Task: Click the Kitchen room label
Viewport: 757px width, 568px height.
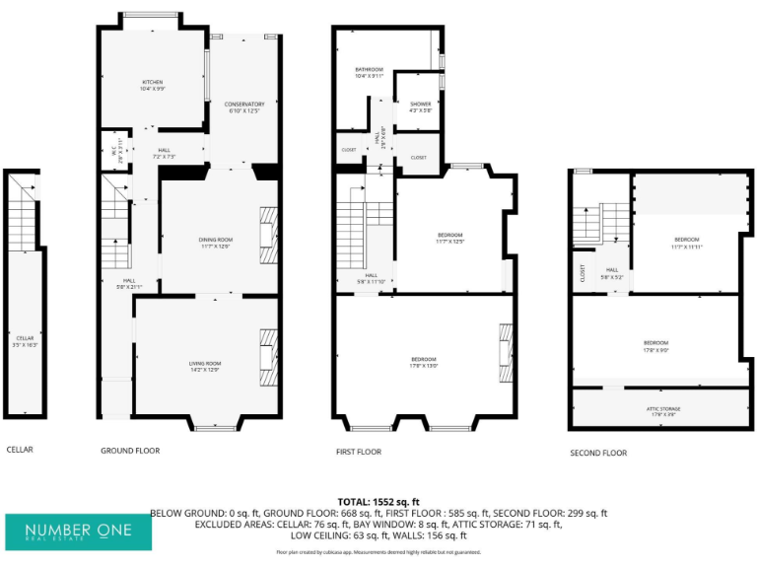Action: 152,85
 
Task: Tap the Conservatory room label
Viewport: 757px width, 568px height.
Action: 243,107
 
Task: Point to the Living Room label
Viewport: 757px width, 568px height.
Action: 205,368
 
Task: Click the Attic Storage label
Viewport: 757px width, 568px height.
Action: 656,411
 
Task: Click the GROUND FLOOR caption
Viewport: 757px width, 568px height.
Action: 130,451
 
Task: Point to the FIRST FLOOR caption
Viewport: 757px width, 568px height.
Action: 359,451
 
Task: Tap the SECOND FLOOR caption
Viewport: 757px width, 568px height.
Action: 598,453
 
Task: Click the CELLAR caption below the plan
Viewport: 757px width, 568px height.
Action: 20,450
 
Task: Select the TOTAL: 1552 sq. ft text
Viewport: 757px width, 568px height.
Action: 378,501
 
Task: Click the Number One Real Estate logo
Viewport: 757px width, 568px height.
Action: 79,532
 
